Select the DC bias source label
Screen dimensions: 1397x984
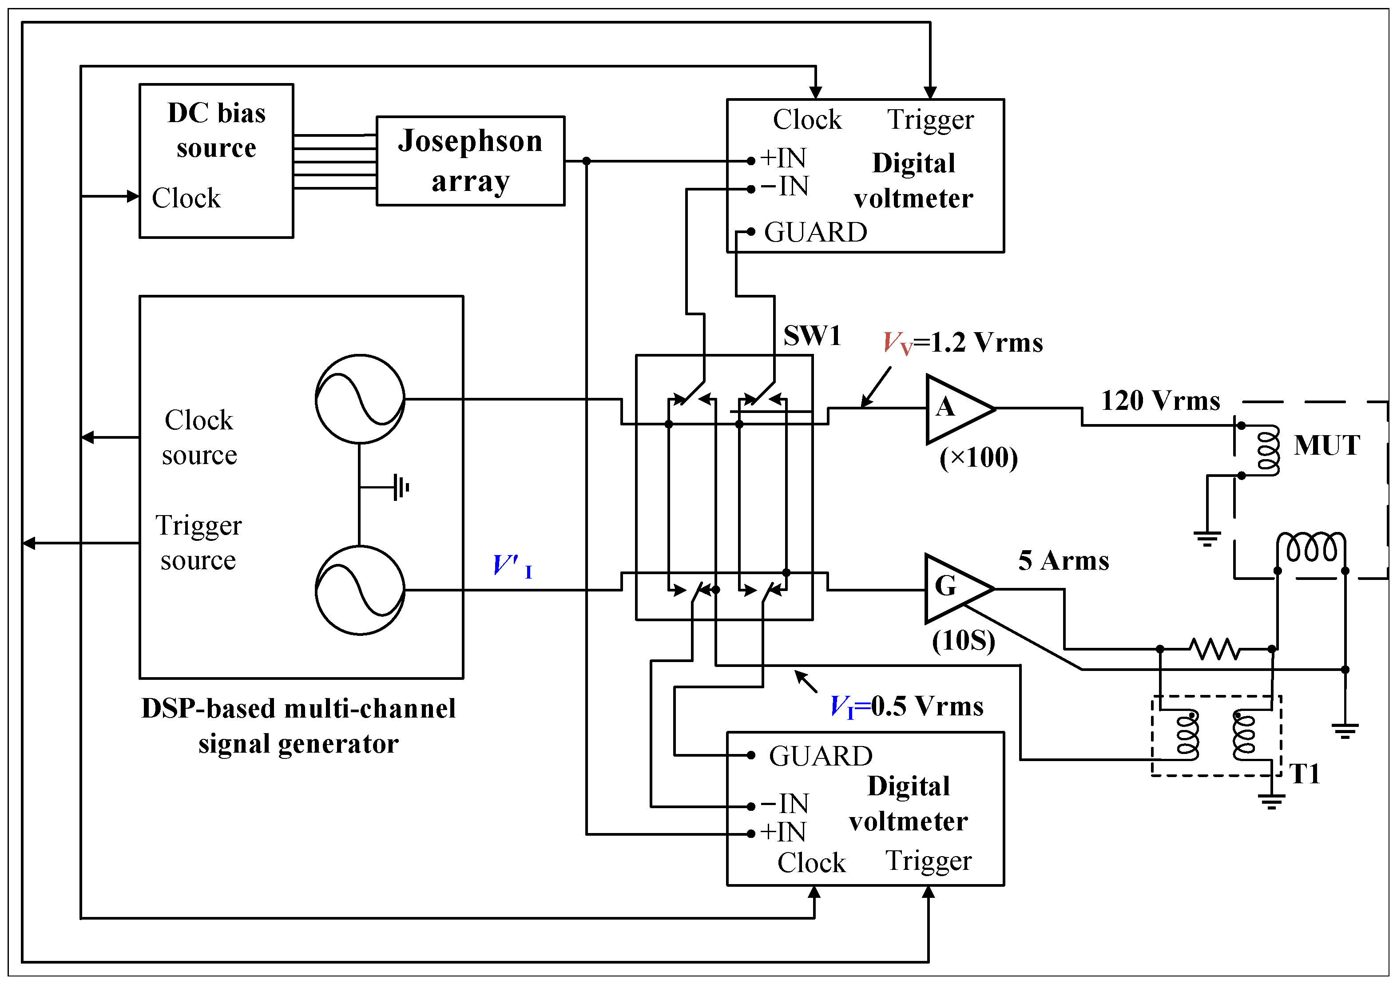point(217,130)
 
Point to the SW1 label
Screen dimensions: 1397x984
point(812,336)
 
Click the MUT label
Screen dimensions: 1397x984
point(1326,445)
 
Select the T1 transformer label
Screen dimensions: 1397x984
point(1305,774)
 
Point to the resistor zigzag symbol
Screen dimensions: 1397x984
point(1214,649)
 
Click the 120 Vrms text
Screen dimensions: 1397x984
point(1160,401)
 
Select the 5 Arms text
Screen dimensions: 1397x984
point(1064,560)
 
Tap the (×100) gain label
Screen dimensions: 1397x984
point(978,458)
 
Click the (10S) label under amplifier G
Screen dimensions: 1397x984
point(964,640)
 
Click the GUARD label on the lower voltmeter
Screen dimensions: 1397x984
point(821,756)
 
